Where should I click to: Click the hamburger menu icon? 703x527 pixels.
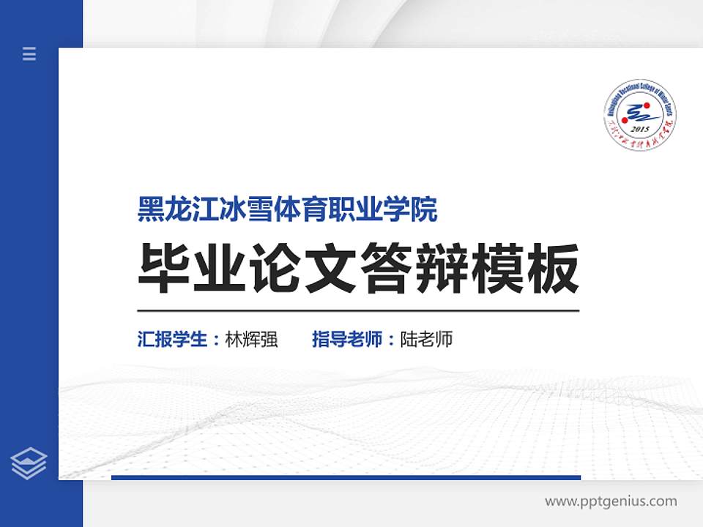click(x=29, y=53)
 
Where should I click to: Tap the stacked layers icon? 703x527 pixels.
click(x=29, y=463)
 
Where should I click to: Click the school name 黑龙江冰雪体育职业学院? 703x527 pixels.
click(x=288, y=210)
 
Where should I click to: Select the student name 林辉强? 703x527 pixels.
click(x=251, y=340)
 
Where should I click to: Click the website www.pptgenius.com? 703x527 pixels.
click(x=611, y=501)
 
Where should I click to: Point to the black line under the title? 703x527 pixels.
click(x=358, y=310)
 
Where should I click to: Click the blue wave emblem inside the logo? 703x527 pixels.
click(x=640, y=111)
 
